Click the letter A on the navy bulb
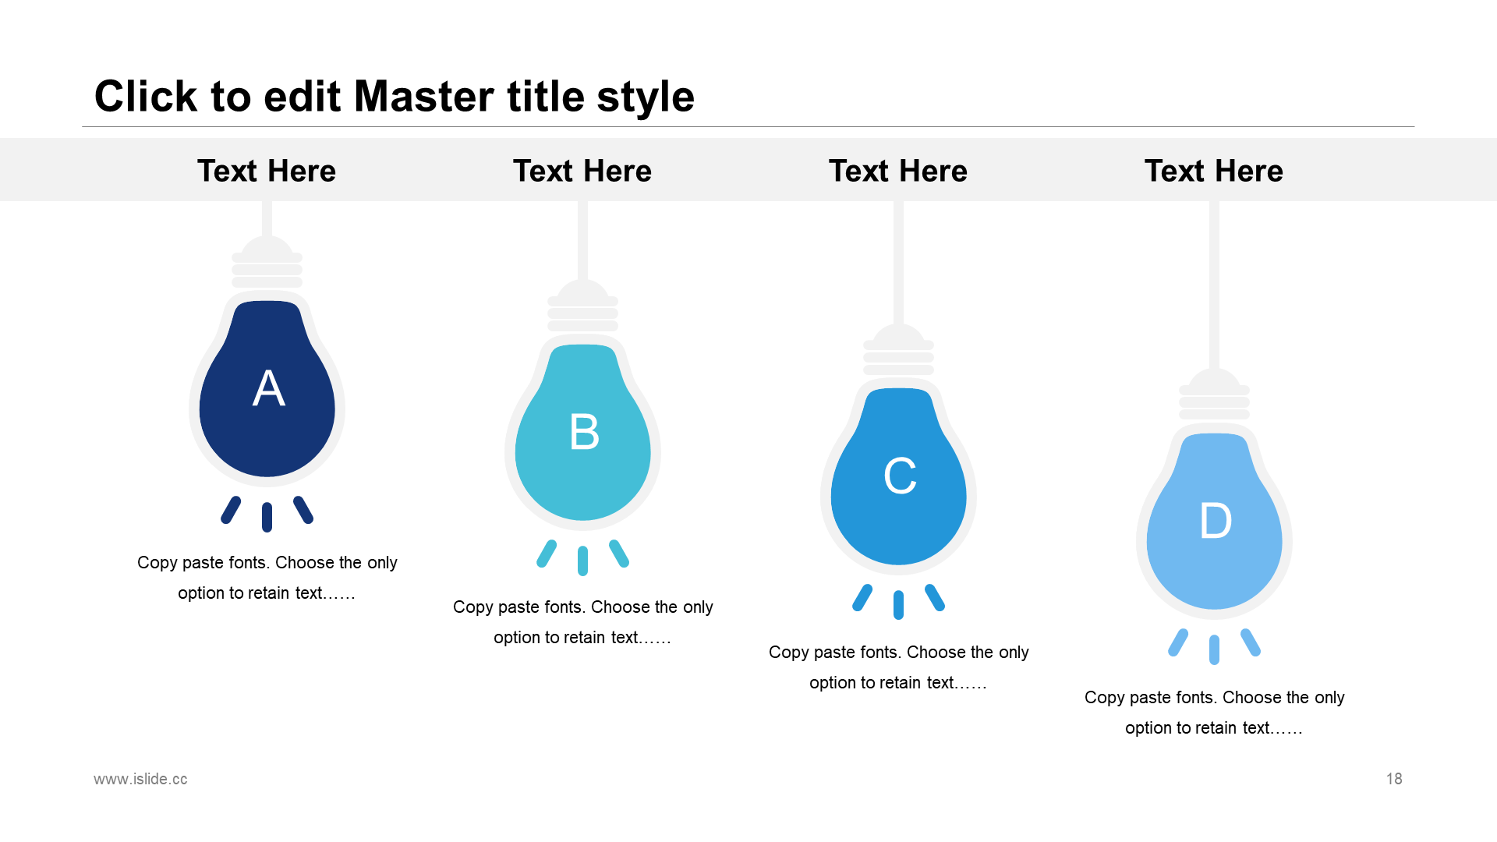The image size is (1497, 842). [x=268, y=388]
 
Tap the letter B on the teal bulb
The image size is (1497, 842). [x=584, y=432]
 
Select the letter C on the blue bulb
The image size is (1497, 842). [x=900, y=476]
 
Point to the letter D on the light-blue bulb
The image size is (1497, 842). [x=1216, y=521]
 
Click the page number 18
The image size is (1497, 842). [x=1394, y=779]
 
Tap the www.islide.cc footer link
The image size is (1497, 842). [x=140, y=779]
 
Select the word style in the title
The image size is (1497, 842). [x=646, y=98]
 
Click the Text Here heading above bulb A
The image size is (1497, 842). [x=267, y=171]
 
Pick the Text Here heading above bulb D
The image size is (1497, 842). [x=1214, y=171]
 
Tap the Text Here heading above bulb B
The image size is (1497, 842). [x=582, y=171]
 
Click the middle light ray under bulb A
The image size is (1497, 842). [x=267, y=518]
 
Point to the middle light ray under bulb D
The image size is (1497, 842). [x=1215, y=650]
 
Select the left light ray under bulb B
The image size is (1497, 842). [x=547, y=554]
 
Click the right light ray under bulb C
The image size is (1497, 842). [x=935, y=598]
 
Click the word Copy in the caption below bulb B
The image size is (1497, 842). [x=472, y=607]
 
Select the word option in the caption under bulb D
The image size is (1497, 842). [x=1150, y=729]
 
